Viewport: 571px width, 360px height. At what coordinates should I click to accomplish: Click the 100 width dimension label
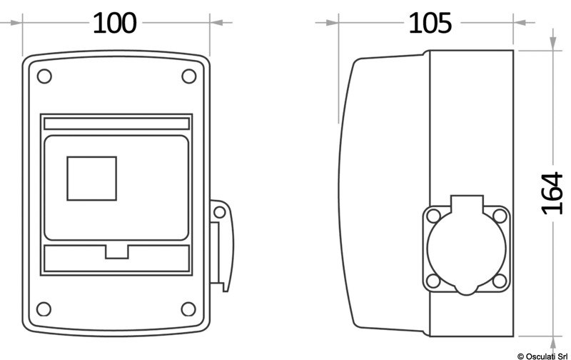[x=114, y=23]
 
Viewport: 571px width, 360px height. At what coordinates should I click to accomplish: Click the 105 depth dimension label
[x=430, y=23]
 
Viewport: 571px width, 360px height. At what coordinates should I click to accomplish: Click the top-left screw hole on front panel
[x=44, y=76]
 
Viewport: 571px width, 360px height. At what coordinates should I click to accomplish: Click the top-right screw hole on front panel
[x=188, y=76]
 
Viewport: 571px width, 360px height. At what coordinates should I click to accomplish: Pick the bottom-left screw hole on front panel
[x=44, y=309]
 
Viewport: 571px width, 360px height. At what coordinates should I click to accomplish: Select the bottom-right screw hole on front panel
[x=188, y=309]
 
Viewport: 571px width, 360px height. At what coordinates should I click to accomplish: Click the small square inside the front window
[x=91, y=178]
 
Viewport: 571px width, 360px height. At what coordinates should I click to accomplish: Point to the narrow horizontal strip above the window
[x=117, y=124]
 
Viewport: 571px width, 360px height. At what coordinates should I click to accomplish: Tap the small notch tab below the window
[x=116, y=251]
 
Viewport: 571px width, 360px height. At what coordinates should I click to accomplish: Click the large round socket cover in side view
[x=467, y=249]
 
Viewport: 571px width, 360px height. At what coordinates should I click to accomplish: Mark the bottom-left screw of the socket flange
[x=433, y=281]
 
